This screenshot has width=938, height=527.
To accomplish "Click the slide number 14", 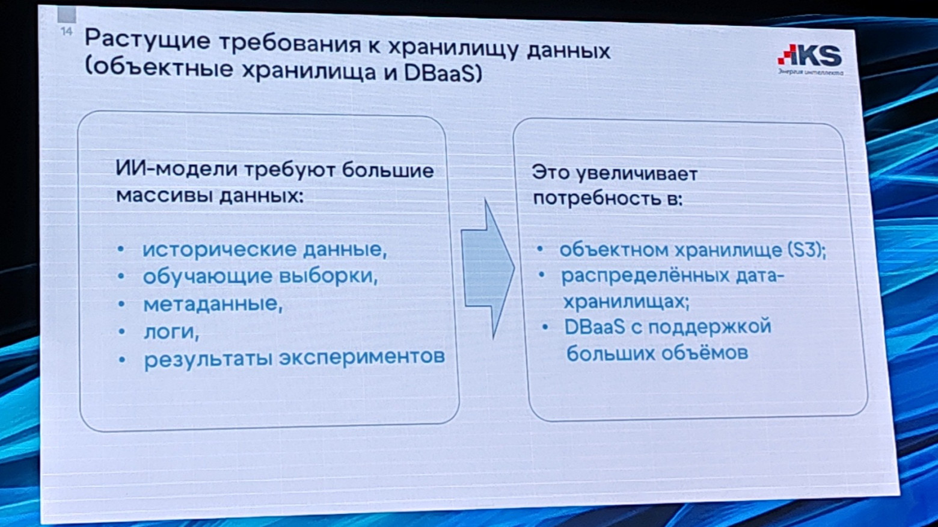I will coord(66,31).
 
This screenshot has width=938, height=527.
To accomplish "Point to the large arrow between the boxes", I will coord(488,269).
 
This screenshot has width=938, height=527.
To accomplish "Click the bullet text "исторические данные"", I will coord(264,249).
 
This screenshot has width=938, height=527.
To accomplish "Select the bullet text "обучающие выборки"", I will coord(259,276).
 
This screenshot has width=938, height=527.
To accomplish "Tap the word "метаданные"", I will coord(212,304).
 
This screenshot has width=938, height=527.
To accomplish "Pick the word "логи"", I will coord(171,331).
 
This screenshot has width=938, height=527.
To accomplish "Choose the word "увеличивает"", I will coord(636,174).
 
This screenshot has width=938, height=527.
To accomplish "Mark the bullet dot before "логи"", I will coord(121,331).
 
